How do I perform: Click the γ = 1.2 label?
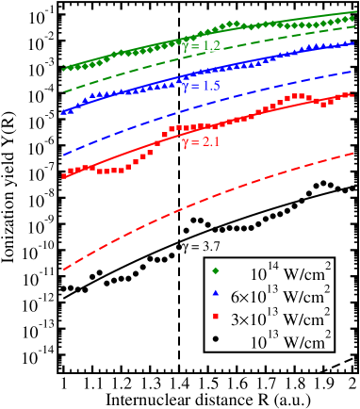click(x=202, y=46)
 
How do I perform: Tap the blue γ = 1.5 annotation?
click(x=201, y=86)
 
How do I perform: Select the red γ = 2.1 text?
click(x=201, y=142)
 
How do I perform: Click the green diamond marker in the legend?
click(x=216, y=273)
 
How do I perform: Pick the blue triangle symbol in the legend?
click(x=216, y=295)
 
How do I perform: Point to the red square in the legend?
click(x=216, y=318)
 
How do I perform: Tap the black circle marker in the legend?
click(x=216, y=339)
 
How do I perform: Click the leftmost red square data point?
click(x=64, y=175)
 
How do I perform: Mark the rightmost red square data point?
click(x=351, y=94)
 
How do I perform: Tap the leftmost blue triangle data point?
click(x=64, y=111)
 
